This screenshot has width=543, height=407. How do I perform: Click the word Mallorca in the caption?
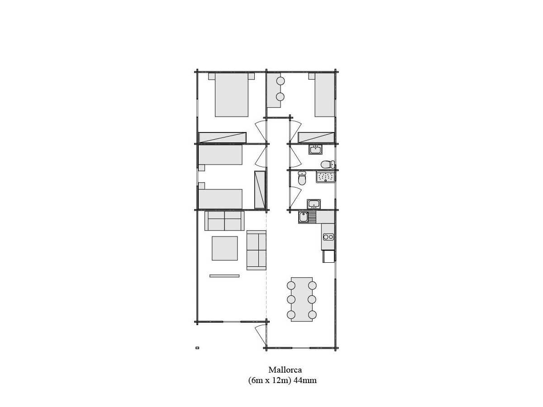click(285, 370)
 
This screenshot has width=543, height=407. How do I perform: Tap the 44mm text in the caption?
click(305, 380)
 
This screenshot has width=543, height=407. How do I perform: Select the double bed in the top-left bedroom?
click(231, 95)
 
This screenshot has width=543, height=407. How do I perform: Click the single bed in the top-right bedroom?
click(324, 95)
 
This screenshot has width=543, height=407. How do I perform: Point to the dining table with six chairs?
click(301, 299)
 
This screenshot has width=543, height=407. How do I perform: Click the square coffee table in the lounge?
click(224, 248)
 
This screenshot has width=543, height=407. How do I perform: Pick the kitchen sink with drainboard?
click(307, 217)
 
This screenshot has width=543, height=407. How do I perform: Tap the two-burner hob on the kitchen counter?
click(328, 237)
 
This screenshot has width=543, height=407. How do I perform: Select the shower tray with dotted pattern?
click(325, 177)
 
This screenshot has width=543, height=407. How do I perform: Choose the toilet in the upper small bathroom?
click(328, 164)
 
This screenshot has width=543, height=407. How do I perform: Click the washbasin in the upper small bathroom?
click(315, 150)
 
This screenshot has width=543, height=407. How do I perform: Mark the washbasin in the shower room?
click(314, 204)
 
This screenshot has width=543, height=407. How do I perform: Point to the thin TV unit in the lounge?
click(224, 276)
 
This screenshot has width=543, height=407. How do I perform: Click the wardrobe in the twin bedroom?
click(260, 189)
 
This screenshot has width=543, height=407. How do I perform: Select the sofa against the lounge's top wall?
click(224, 221)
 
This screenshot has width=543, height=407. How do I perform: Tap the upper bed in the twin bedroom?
click(220, 155)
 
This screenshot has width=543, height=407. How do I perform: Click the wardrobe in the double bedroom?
click(223, 137)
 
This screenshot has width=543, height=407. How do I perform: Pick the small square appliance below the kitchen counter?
click(329, 256)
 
